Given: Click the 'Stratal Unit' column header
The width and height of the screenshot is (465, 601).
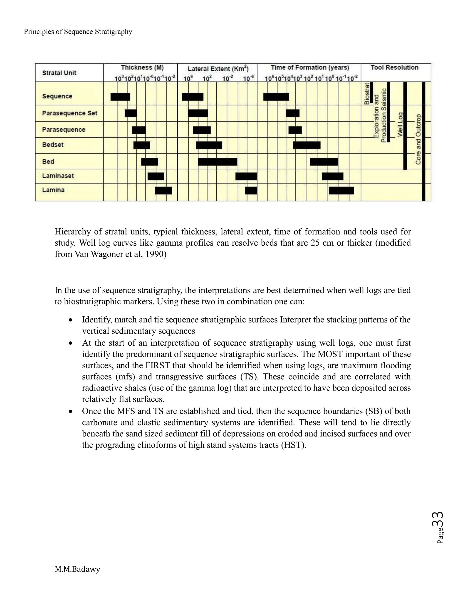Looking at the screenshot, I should pyautogui.click(x=59, y=73).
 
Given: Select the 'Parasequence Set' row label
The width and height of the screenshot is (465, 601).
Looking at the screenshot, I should pyautogui.click(x=70, y=113).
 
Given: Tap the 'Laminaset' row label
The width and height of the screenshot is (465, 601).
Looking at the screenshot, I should pyautogui.click(x=58, y=176).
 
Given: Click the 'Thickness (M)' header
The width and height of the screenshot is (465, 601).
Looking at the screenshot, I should pyautogui.click(x=142, y=67).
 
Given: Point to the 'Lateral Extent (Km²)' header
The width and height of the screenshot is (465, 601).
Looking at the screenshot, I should pyautogui.click(x=218, y=69).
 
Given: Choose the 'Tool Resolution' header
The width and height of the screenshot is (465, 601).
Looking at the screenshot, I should pyautogui.click(x=394, y=67).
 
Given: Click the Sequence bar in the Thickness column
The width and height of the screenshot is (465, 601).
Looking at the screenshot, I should pyautogui.click(x=120, y=97).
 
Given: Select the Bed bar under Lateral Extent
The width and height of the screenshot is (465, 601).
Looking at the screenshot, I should pyautogui.click(x=218, y=162).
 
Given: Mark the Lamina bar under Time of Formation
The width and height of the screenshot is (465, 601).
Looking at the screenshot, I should pyautogui.click(x=341, y=191).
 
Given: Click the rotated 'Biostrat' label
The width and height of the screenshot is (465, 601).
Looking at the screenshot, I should pyautogui.click(x=367, y=94).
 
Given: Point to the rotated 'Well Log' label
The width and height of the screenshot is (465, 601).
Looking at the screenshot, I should pyautogui.click(x=400, y=124).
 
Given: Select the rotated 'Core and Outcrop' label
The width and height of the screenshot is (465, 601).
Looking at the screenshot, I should pyautogui.click(x=418, y=139).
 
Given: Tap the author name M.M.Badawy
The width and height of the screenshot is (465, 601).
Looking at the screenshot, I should pyautogui.click(x=77, y=569).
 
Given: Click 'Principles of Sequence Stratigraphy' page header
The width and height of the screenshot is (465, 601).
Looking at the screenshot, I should pyautogui.click(x=78, y=32).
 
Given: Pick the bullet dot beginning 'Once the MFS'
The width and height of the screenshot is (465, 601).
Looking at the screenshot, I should pyautogui.click(x=71, y=412).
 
